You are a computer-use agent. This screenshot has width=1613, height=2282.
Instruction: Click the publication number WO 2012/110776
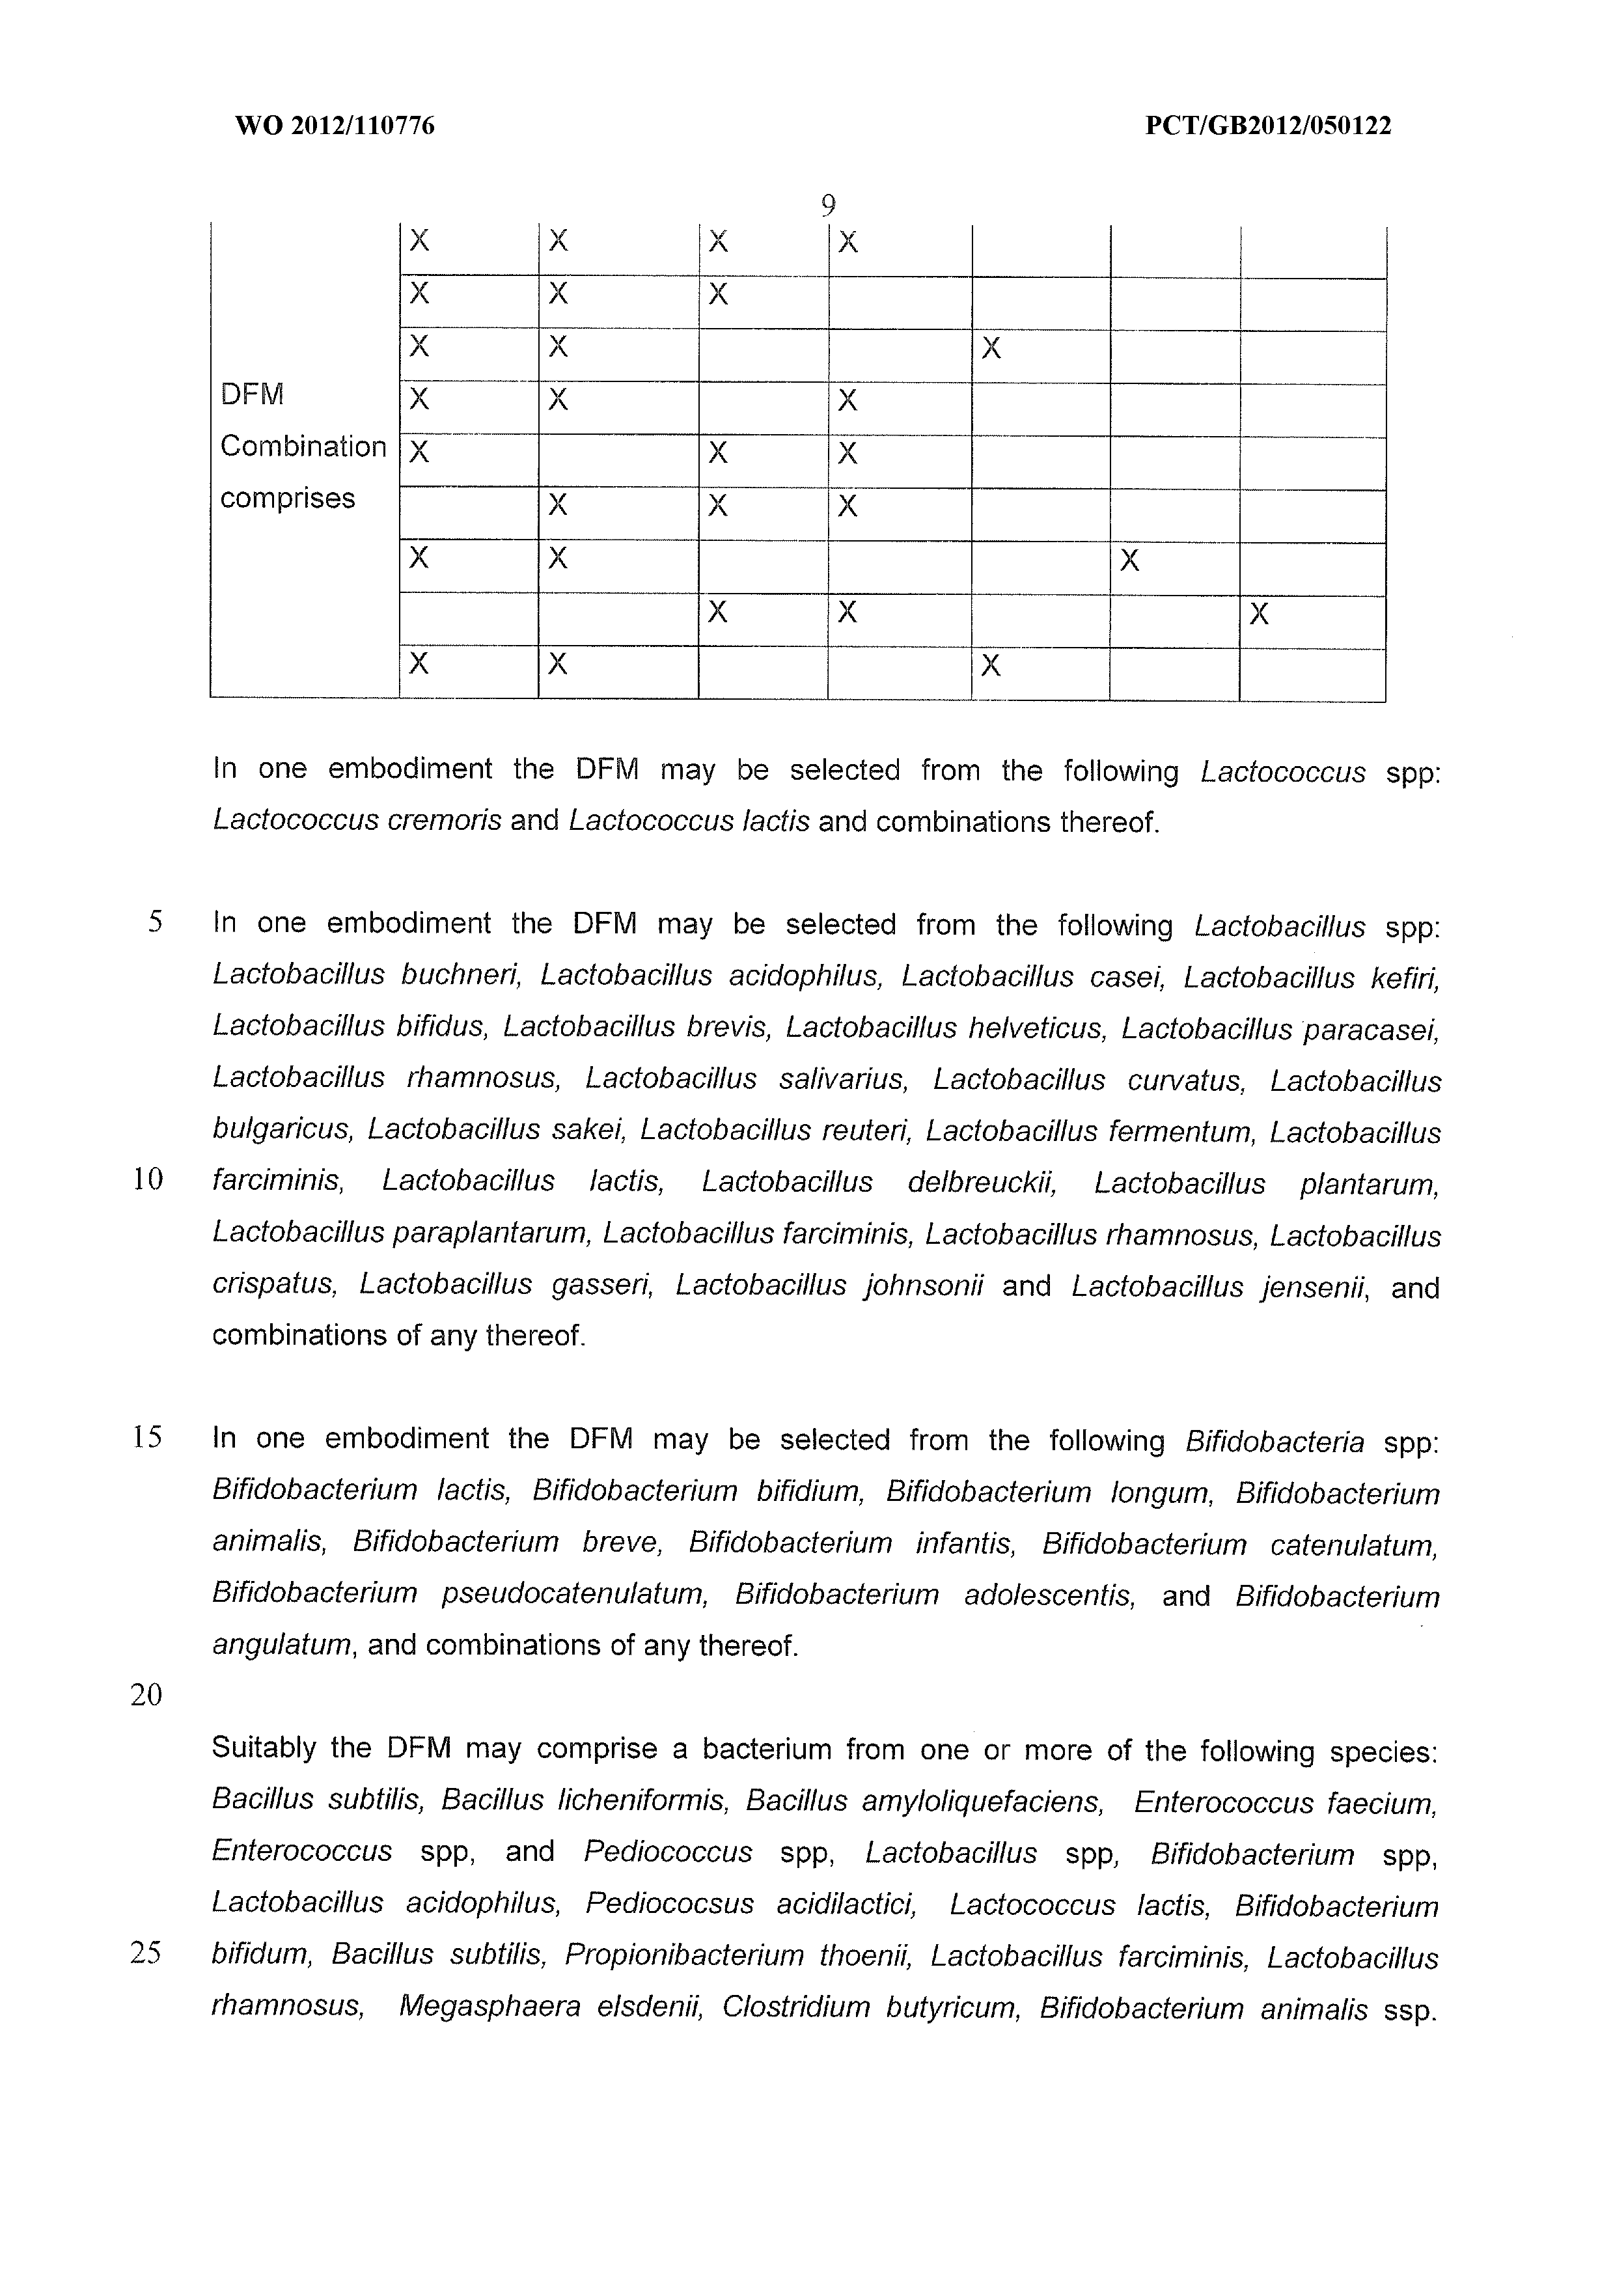[335, 126]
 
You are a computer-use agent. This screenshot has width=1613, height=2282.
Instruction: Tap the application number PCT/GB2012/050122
[1268, 126]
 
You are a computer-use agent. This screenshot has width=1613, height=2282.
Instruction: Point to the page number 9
[828, 206]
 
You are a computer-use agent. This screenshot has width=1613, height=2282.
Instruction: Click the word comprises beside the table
[287, 498]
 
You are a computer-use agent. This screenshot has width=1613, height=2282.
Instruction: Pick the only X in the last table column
[1258, 614]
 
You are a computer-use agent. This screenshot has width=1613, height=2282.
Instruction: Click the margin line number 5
[155, 922]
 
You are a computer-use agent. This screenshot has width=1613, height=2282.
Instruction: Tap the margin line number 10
[147, 1180]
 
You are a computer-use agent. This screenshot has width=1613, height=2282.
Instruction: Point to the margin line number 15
[147, 1437]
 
